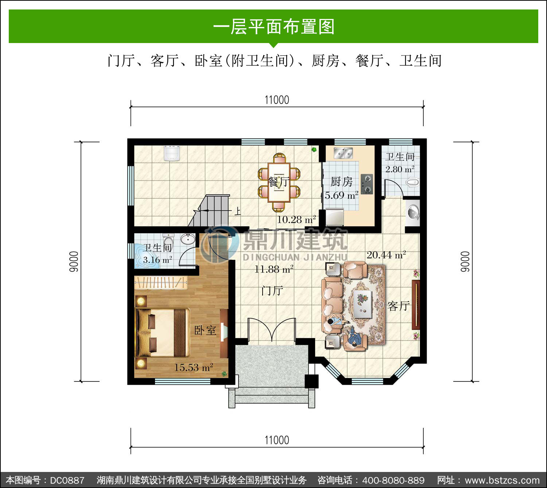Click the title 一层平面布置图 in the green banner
(x=274, y=27)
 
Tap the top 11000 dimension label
(x=277, y=100)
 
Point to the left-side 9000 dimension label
(x=74, y=262)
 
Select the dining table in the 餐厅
(x=279, y=182)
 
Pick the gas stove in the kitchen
(x=367, y=184)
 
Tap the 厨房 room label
(x=342, y=182)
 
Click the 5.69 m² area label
(x=342, y=195)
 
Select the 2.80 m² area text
(x=400, y=169)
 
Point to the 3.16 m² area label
(x=158, y=260)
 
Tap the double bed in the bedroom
(x=162, y=332)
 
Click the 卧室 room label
(x=205, y=330)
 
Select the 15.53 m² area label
(x=194, y=367)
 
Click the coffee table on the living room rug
(x=362, y=304)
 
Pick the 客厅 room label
(x=399, y=306)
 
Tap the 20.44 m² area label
(x=386, y=255)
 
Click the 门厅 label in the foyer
(x=272, y=291)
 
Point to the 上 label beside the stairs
(x=237, y=211)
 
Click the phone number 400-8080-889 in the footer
(x=393, y=480)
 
